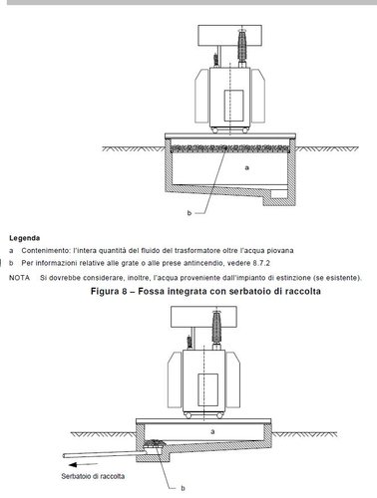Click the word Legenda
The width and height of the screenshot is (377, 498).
click(25, 238)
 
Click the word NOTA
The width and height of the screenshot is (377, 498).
click(19, 278)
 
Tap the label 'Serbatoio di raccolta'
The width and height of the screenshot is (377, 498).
click(93, 476)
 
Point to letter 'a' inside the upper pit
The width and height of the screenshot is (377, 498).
click(246, 167)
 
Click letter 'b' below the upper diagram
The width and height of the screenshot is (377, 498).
click(189, 213)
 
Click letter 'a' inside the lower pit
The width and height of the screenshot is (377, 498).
click(212, 431)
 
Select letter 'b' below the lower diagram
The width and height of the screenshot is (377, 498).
click(183, 488)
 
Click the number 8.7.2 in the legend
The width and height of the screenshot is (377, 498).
click(261, 263)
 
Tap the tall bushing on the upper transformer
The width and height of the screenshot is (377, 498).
click(241, 48)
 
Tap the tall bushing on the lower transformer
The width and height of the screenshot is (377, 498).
click(216, 329)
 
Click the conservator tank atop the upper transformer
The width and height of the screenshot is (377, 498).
click(229, 36)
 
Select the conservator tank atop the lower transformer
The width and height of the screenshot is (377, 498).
click(203, 317)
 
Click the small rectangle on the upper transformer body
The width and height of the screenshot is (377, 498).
click(233, 106)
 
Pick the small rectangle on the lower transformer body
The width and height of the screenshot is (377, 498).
click(208, 389)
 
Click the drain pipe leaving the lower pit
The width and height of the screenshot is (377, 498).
click(104, 453)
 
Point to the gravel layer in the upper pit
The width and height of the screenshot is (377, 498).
click(229, 147)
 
